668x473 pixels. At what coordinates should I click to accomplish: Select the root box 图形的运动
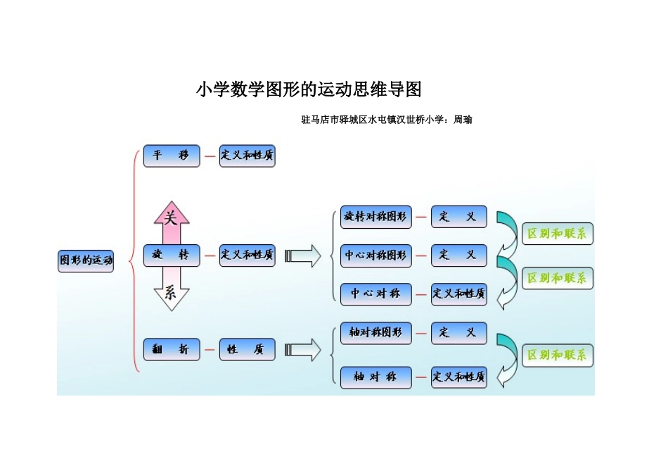tap(86, 260)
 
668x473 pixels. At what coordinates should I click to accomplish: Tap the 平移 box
tap(172, 156)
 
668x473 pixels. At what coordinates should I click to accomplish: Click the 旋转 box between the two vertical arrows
tap(172, 255)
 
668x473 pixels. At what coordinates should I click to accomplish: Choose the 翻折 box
tap(172, 349)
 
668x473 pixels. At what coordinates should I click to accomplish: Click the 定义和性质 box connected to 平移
tap(247, 156)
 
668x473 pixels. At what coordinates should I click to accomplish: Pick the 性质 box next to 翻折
tap(247, 349)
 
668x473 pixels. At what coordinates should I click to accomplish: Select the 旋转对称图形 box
tap(375, 217)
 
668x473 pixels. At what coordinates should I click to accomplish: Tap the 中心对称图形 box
tap(375, 256)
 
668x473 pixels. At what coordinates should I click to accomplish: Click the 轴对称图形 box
tap(375, 332)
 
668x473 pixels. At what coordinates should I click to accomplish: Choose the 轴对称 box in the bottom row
tap(375, 377)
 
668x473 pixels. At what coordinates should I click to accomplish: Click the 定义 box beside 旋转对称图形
tap(458, 217)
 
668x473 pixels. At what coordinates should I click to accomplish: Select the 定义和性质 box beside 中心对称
tap(458, 294)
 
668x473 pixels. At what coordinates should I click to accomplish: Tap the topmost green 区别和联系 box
tap(557, 234)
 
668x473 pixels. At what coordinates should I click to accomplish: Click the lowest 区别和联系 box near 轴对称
tap(557, 355)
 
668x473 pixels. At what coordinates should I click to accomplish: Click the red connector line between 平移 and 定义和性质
tap(210, 156)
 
